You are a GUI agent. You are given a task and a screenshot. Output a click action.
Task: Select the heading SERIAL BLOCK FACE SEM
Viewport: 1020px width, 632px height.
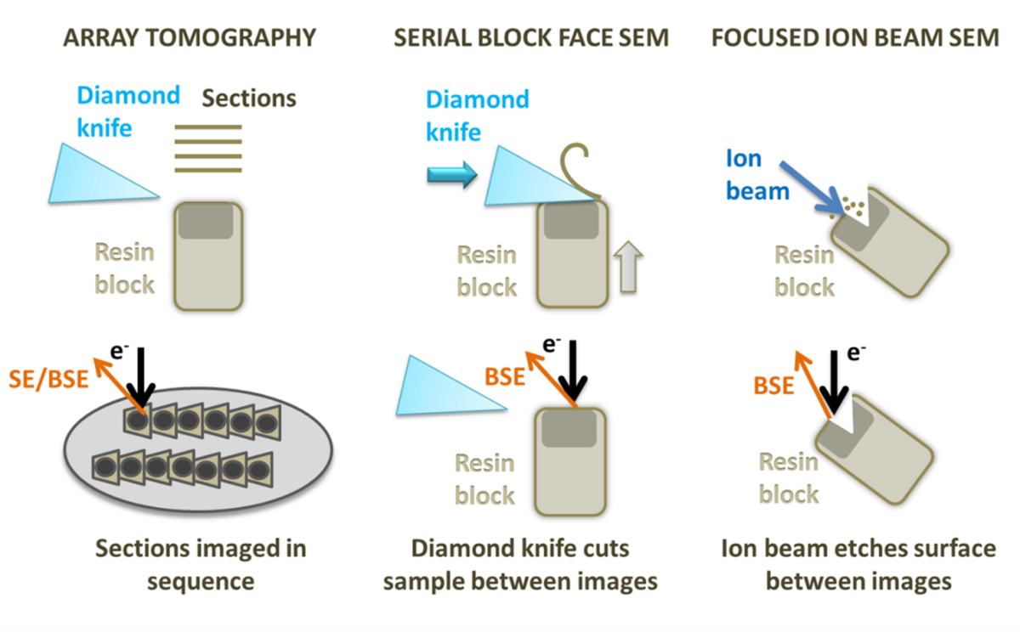[531, 37]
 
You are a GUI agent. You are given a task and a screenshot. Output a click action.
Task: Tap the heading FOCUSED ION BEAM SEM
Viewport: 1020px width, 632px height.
[855, 37]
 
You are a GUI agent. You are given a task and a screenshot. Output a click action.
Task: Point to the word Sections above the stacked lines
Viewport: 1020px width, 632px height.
[249, 98]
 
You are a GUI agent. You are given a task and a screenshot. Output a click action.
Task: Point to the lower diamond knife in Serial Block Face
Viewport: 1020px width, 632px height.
[450, 387]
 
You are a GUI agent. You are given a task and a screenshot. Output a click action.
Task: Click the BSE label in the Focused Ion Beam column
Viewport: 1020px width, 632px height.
[773, 385]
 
